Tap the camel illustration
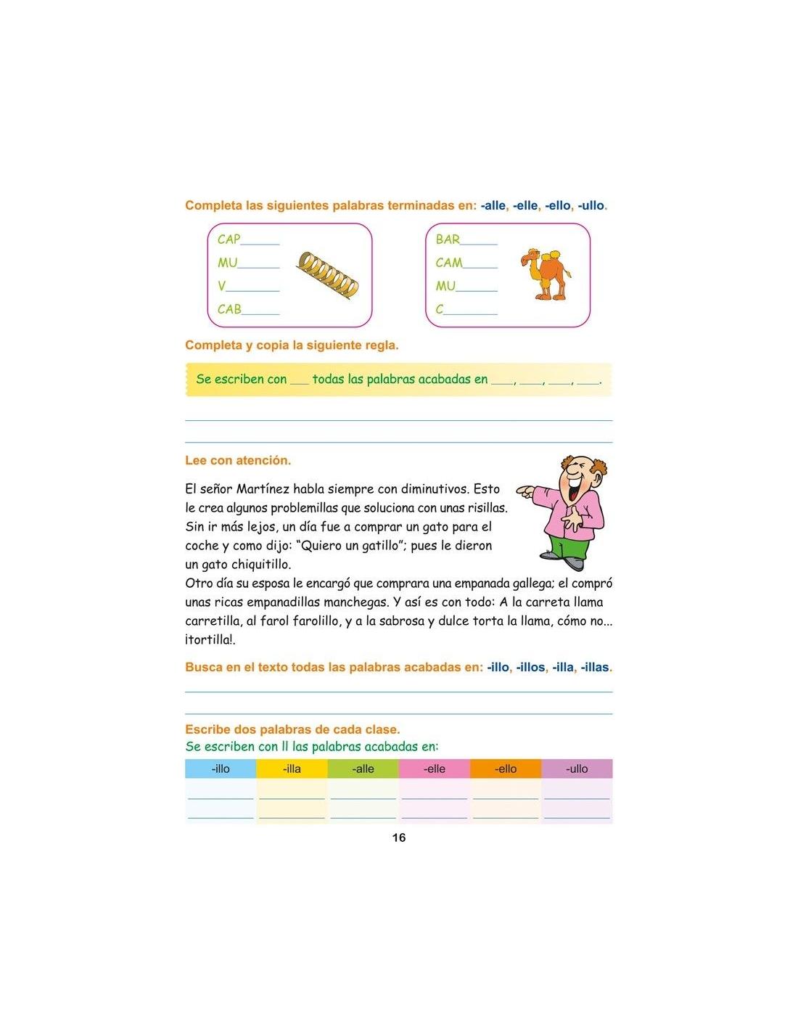coord(546,274)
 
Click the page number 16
coord(398,838)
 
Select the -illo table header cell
coord(221,769)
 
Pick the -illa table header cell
coord(292,769)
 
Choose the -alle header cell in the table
coord(363,769)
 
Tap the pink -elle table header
coord(434,769)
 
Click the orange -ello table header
coord(506,769)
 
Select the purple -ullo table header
coord(577,769)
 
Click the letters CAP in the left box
coord(229,239)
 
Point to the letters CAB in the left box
coord(229,309)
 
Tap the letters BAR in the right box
coord(448,239)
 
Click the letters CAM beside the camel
coord(449,263)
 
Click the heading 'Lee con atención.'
coord(238,460)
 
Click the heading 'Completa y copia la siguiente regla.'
coord(292,345)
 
